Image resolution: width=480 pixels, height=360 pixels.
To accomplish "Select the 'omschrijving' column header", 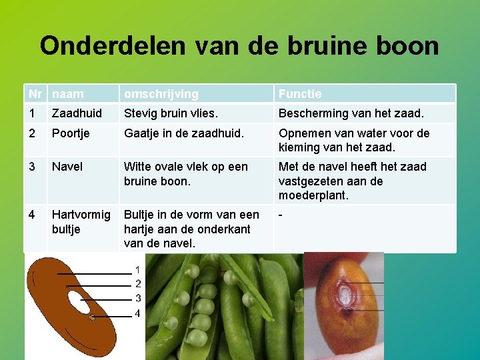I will tap(161, 94).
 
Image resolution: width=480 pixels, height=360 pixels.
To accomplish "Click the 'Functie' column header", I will tap(300, 94).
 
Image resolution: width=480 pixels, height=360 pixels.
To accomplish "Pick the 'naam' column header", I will tap(68, 94).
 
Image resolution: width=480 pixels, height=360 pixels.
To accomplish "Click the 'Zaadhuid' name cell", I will tap(77, 113).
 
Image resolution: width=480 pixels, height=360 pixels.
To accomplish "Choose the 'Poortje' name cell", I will tap(73, 133).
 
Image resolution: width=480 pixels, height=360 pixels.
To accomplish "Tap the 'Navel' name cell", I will tap(67, 167).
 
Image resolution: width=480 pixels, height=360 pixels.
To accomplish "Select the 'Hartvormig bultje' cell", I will tap(81, 222).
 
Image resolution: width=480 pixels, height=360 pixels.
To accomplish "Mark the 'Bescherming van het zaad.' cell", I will tap(351, 113).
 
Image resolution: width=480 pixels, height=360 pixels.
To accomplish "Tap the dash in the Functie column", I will tap(281, 215).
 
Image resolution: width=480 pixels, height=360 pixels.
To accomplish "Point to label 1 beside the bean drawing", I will tap(137, 270).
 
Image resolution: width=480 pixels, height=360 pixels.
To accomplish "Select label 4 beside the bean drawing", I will tap(137, 313).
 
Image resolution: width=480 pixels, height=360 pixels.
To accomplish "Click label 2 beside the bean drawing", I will tap(137, 284).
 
